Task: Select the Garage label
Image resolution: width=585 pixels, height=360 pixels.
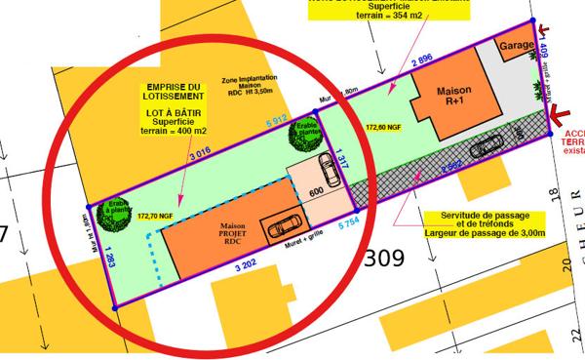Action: (516, 46)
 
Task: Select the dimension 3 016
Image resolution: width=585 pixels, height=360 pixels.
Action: (199, 155)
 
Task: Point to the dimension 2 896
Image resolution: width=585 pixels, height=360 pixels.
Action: (421, 61)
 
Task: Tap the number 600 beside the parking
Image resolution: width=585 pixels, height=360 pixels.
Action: (317, 193)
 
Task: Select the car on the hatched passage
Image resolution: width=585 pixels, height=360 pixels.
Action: (486, 146)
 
